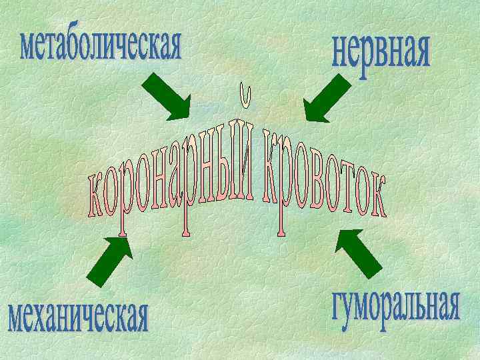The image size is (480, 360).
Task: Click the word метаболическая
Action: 101,46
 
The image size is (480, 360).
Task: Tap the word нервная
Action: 381,55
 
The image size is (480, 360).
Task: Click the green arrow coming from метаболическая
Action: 167,96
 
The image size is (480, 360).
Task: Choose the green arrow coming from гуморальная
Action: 359,253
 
